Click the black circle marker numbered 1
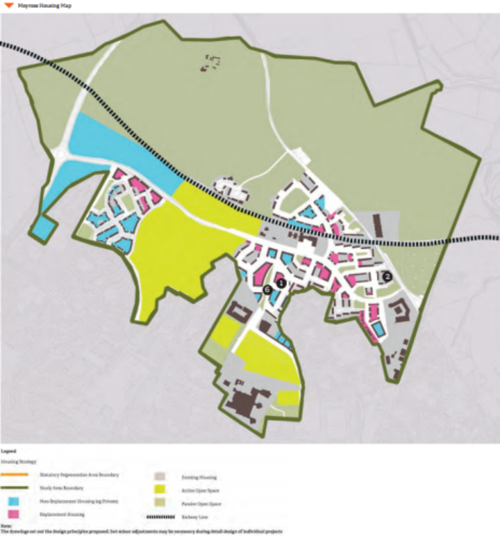[282, 283]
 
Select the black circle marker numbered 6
[267, 289]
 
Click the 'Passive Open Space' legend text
[199, 502]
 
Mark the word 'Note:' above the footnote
[6, 527]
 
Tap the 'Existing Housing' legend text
[197, 477]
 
